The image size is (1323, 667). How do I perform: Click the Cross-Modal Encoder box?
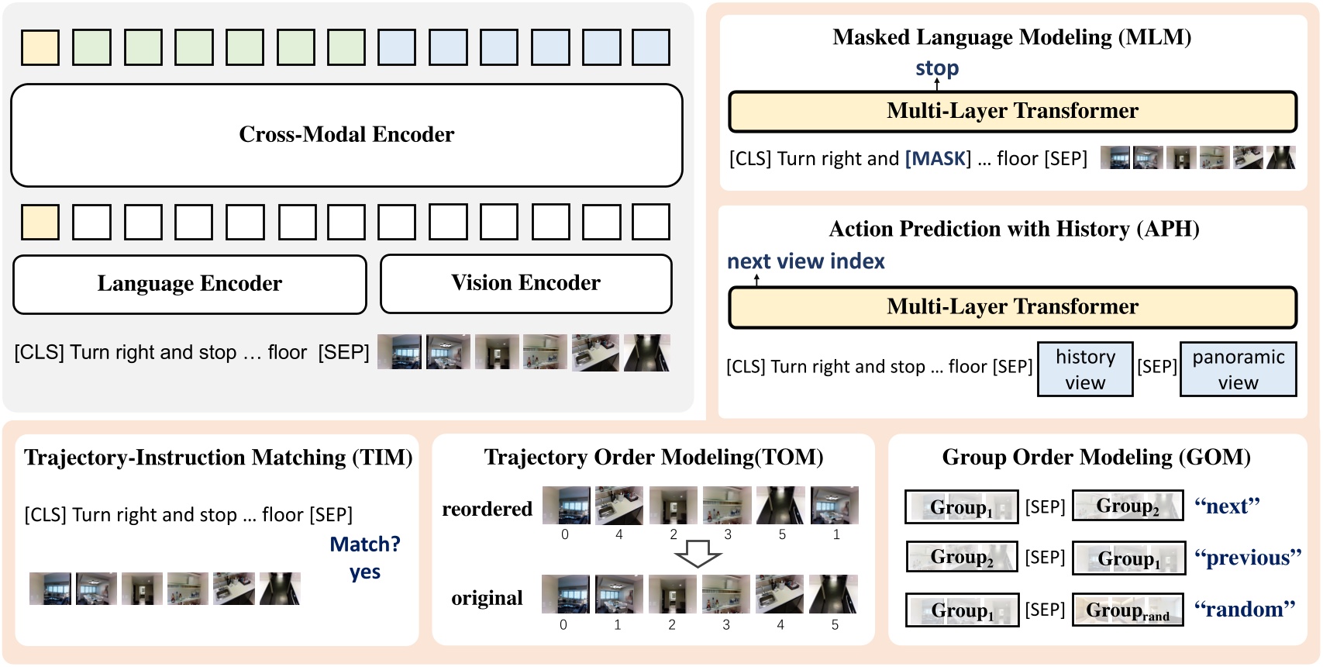346,135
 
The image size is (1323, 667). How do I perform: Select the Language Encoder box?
190,284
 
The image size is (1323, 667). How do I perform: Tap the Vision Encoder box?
525,283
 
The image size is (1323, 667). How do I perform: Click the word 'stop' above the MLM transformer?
937,68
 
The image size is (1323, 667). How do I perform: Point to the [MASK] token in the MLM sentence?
938,159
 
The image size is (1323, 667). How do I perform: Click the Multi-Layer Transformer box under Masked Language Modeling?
1012,112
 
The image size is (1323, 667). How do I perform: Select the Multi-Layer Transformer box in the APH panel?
1012,307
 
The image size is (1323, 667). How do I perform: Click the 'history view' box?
1085,369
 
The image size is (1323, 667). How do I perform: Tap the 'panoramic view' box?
1238,369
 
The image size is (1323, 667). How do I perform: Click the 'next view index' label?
805,261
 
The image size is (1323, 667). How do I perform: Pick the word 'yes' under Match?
364,572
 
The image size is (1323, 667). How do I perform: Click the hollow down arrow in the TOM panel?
698,555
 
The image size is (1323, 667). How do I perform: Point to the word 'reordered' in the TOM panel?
487,509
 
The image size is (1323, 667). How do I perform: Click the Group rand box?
1128,610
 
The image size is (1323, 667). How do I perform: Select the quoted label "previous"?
1247,558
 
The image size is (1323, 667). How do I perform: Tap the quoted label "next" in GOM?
1227,506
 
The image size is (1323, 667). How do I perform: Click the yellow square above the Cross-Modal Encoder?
40,47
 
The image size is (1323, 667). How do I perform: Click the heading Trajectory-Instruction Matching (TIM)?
218,458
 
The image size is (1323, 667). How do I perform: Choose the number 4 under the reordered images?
618,534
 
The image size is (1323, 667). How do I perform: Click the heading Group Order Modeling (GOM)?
1096,458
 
